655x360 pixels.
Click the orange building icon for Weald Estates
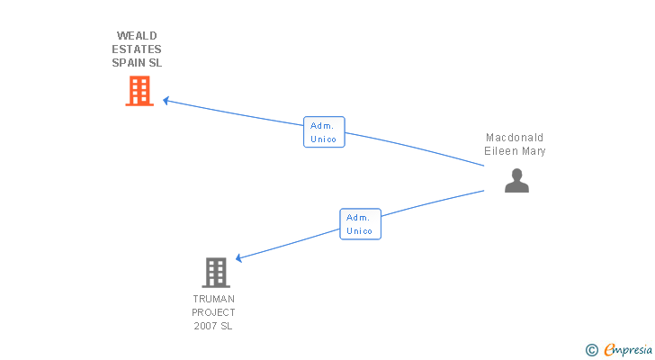[x=139, y=91]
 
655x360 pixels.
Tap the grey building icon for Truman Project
[x=216, y=272]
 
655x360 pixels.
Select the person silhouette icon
[x=516, y=181]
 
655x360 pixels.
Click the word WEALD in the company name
[x=137, y=36]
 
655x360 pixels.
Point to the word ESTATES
[x=137, y=49]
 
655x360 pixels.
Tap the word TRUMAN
[x=213, y=299]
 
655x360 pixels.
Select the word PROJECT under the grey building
[x=213, y=312]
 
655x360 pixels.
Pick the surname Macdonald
[x=515, y=138]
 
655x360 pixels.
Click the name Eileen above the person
[x=500, y=151]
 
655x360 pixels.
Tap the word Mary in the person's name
[x=533, y=151]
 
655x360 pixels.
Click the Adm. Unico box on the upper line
[x=324, y=132]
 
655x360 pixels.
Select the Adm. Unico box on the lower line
[x=360, y=224]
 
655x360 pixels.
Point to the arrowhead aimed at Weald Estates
[x=166, y=101]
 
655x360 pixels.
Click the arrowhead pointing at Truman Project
[x=239, y=258]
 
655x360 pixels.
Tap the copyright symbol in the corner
[x=592, y=349]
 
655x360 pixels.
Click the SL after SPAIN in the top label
[x=156, y=63]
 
